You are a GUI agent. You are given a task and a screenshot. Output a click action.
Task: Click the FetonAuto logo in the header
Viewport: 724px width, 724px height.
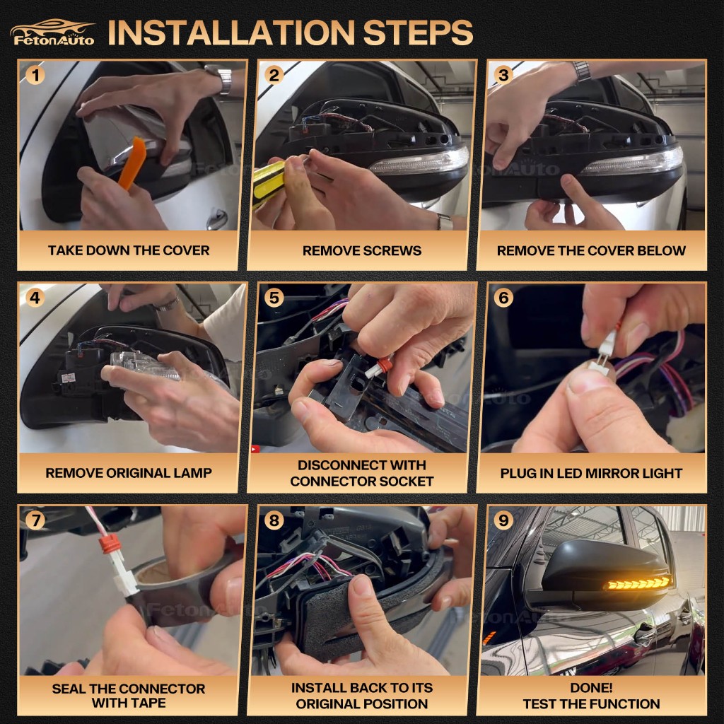(x=52, y=33)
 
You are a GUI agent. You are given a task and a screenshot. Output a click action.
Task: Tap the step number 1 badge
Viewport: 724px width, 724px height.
(x=35, y=75)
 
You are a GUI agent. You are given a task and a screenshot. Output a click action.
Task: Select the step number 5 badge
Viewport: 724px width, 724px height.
(x=274, y=298)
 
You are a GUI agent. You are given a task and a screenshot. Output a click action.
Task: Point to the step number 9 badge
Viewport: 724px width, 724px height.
(x=503, y=520)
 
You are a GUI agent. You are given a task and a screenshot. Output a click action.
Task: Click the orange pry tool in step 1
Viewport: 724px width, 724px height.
(x=133, y=163)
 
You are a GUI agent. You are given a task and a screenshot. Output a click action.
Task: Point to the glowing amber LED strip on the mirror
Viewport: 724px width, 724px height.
(x=637, y=583)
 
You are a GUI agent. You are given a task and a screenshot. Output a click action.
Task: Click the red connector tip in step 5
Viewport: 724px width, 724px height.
(x=384, y=365)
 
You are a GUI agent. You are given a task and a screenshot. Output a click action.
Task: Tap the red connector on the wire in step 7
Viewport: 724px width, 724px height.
(x=110, y=544)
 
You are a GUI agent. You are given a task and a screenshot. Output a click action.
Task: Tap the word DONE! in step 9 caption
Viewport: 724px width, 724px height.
(x=591, y=687)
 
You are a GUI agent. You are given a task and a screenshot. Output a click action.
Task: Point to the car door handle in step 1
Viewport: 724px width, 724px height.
(x=217, y=219)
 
